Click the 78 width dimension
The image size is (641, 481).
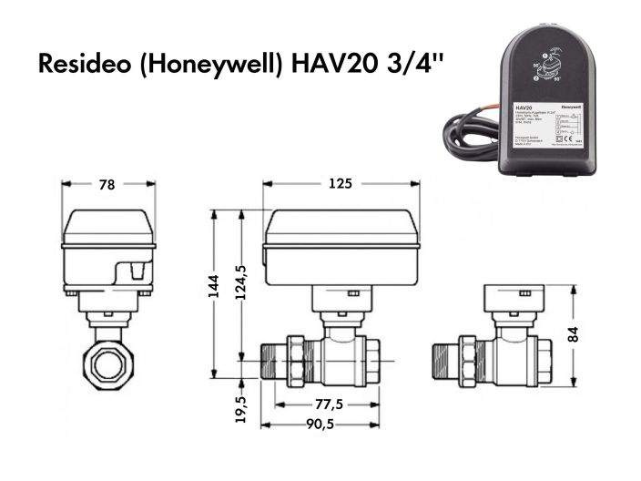coord(107,185)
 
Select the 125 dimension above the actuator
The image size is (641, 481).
coord(340,184)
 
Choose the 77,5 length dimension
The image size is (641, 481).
coord(317,404)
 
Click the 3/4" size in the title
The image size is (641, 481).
coord(402,66)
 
